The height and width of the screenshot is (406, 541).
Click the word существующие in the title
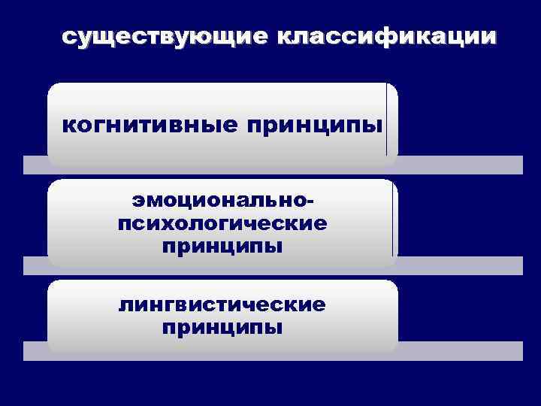pyautogui.click(x=167, y=37)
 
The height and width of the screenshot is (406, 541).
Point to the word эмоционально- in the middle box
pyautogui.click(x=222, y=202)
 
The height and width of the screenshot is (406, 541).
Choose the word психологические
pyautogui.click(x=222, y=224)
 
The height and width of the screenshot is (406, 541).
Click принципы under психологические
pyautogui.click(x=222, y=246)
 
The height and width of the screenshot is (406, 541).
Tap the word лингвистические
pyautogui.click(x=222, y=304)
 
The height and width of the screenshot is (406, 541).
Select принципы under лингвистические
pyautogui.click(x=222, y=327)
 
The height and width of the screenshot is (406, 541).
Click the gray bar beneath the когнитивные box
pyautogui.click(x=458, y=165)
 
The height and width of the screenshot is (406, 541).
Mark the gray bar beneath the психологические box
pyautogui.click(x=458, y=265)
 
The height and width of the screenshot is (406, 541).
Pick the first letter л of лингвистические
pyautogui.click(x=125, y=305)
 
